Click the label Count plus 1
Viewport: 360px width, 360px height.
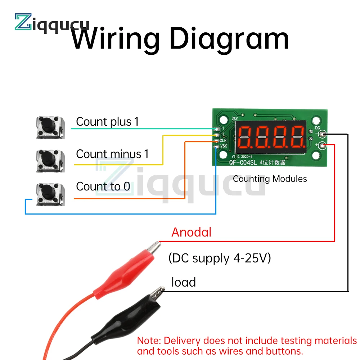pos(107,122)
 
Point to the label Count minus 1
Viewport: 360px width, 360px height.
pos(112,154)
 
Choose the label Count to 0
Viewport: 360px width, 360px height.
pos(103,186)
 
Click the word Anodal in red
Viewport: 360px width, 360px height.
pos(191,232)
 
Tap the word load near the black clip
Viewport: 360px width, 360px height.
pos(184,282)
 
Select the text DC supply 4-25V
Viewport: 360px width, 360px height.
pos(220,258)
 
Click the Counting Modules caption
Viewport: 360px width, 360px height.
pos(270,179)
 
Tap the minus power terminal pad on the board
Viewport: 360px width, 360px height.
pos(323,134)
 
